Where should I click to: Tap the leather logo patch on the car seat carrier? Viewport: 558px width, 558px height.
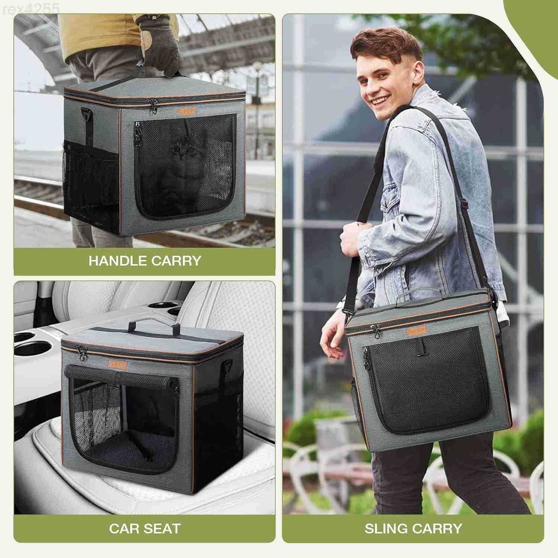118,363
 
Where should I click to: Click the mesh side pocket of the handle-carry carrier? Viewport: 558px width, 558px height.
91,186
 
